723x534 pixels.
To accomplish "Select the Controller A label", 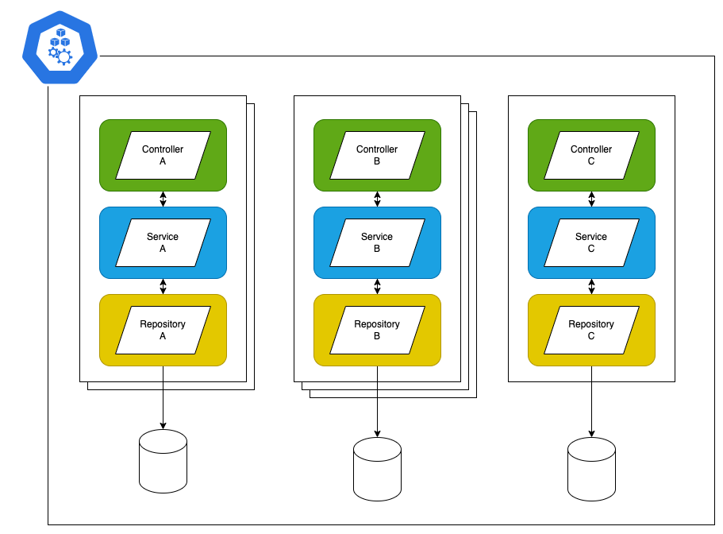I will click(x=163, y=155).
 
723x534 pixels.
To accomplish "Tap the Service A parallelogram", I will click(x=163, y=242).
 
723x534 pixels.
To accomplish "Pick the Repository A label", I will click(x=163, y=330).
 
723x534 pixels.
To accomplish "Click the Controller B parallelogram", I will click(x=377, y=155).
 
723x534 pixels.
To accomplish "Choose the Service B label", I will click(x=377, y=242).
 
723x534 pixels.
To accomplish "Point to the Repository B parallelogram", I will click(x=377, y=330).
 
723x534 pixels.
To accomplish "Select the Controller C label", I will click(x=591, y=155).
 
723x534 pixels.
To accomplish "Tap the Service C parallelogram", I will click(x=591, y=242).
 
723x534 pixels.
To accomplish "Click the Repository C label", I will click(x=591, y=330).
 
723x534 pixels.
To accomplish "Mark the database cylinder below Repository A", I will click(x=163, y=461).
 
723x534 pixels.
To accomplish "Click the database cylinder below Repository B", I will click(x=377, y=469).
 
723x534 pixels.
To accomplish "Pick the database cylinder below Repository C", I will click(x=591, y=469).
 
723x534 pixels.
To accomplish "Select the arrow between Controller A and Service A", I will click(x=163, y=199).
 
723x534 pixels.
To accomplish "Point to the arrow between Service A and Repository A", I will click(x=163, y=286).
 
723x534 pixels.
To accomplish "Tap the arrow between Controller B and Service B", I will click(x=377, y=199).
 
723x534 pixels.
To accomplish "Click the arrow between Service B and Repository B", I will click(x=377, y=286).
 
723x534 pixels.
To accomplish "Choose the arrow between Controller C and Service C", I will click(x=591, y=199).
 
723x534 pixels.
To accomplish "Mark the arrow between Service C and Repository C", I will click(x=591, y=286).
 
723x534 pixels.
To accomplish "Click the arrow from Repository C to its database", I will click(x=591, y=401).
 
